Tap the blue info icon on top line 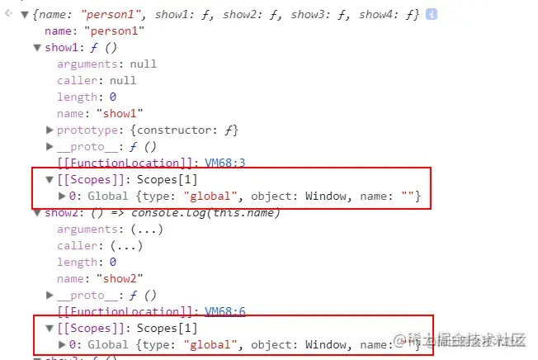click(x=432, y=14)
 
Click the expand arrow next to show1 click(x=36, y=47)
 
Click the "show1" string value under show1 click(x=120, y=113)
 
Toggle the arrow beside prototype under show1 click(x=50, y=130)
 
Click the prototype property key click(x=84, y=130)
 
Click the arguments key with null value click(x=87, y=64)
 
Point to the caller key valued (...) click(x=77, y=245)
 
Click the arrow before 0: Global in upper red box click(x=63, y=196)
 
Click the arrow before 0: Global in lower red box click(x=63, y=344)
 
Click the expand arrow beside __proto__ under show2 click(x=50, y=295)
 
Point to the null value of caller click(x=123, y=80)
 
